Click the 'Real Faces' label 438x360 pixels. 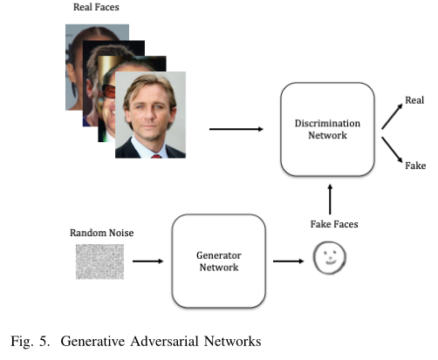pos(96,7)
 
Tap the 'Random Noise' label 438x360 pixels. pos(102,233)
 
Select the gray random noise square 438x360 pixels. pos(99,262)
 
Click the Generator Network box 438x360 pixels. pos(219,261)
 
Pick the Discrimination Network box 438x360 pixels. pos(327,129)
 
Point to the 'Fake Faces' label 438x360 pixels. pos(334,224)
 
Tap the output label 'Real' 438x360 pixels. pos(414,100)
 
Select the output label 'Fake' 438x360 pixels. pos(415,166)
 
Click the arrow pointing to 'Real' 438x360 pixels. pos(392,117)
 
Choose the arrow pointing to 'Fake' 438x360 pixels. pos(392,150)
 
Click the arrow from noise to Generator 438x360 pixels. pos(147,262)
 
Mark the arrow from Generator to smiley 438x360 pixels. pos(288,262)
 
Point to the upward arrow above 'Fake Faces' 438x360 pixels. pos(330,200)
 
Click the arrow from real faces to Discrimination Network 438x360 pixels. pos(236,129)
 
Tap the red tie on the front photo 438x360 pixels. pos(156,156)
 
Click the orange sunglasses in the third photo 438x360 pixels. pos(108,92)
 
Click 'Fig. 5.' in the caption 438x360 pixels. pos(31,341)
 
